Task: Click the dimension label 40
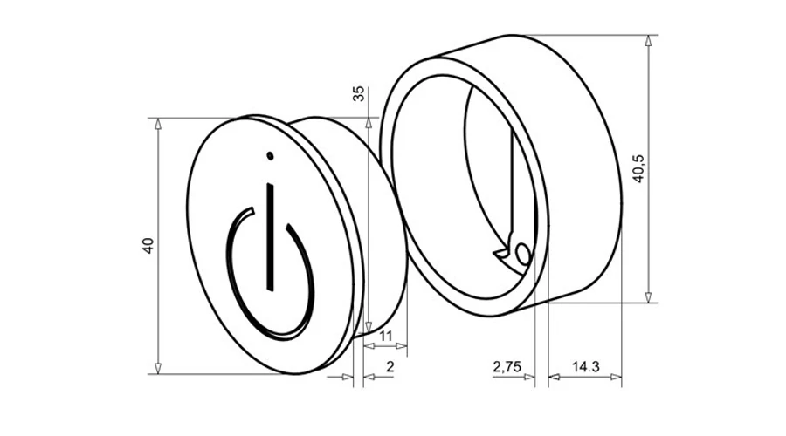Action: point(148,245)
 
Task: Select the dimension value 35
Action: point(359,93)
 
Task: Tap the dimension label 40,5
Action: point(638,168)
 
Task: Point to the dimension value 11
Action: point(385,336)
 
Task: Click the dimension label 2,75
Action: point(507,367)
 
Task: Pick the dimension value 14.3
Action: point(585,367)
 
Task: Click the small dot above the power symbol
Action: point(270,156)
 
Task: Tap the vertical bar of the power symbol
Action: point(271,236)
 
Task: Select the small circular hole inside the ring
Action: point(522,253)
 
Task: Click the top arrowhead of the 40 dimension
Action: point(158,124)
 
